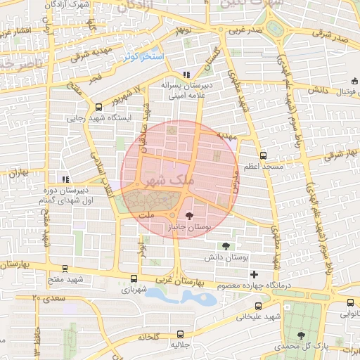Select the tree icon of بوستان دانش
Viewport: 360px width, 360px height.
[226, 246]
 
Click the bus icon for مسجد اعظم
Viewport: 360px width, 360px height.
[263, 155]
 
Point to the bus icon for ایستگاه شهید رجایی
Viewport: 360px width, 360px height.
[98, 108]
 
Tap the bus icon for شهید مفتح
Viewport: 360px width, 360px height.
[65, 269]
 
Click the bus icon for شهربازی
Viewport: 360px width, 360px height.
[134, 278]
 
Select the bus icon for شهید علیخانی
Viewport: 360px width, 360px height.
[258, 306]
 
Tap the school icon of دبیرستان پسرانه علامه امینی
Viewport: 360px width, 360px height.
[186, 75]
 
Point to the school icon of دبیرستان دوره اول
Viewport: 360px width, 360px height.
[65, 179]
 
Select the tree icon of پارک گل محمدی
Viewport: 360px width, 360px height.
[301, 335]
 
